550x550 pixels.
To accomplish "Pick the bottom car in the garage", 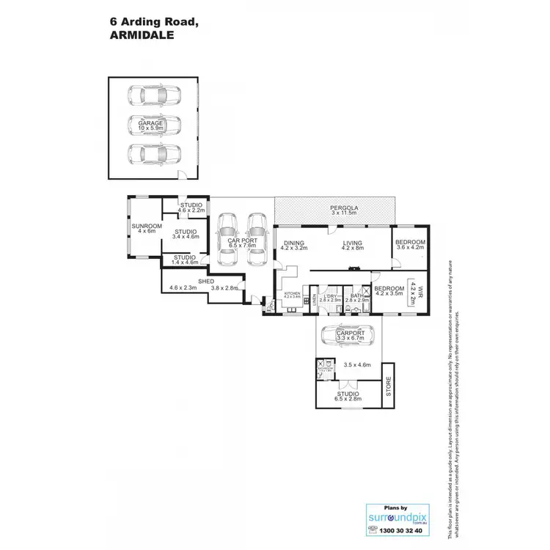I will point(153,154).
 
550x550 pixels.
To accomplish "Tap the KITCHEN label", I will point(292,295).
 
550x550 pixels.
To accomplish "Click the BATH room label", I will point(356,297).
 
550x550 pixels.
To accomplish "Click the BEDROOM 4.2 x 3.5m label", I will point(389,292).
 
